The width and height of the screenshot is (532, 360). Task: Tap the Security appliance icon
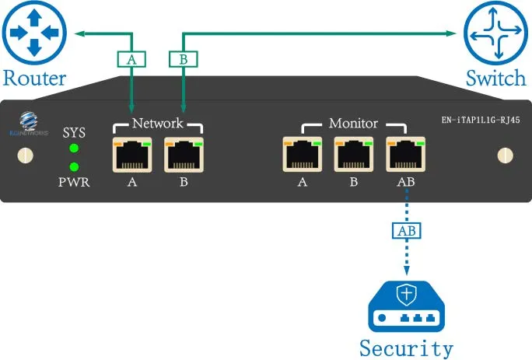tap(406, 306)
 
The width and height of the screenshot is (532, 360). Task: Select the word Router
tap(33, 78)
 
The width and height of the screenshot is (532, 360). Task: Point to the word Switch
tap(496, 78)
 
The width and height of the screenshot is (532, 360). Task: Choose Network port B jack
tap(183, 156)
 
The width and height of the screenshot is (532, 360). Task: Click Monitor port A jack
tap(303, 156)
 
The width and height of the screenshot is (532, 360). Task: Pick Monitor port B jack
tap(353, 156)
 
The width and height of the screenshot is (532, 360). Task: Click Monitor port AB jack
tap(404, 156)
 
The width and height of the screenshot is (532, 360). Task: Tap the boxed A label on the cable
tap(130, 58)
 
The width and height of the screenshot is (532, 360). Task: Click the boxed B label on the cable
tap(182, 58)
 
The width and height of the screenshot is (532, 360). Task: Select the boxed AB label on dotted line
tap(405, 232)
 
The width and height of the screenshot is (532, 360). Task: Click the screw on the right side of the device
tap(505, 155)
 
